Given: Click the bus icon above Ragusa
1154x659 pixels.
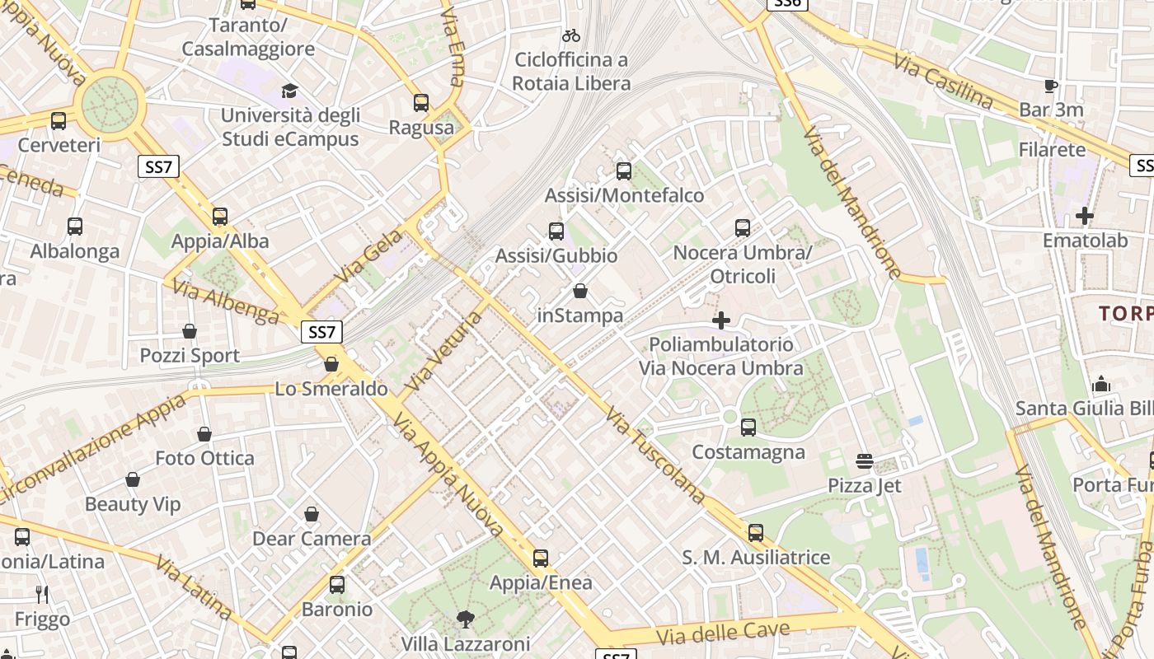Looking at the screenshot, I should pyautogui.click(x=421, y=103).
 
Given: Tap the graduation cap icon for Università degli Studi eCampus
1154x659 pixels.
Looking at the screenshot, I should pyautogui.click(x=289, y=90).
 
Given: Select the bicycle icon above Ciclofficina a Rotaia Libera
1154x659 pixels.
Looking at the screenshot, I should pyautogui.click(x=570, y=35).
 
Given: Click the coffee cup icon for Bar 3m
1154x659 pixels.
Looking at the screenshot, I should pyautogui.click(x=1051, y=86).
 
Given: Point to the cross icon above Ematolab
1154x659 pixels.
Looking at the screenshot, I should pyautogui.click(x=1085, y=216).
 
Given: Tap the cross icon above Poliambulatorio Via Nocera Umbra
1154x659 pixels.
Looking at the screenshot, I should pyautogui.click(x=721, y=320).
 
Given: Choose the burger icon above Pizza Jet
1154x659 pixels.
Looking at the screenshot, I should pyautogui.click(x=865, y=460).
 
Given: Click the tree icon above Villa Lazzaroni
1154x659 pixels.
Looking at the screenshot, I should pyautogui.click(x=466, y=619).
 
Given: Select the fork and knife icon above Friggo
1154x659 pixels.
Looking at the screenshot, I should pyautogui.click(x=42, y=594).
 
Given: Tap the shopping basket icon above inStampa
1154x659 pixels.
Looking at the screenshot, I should pyautogui.click(x=580, y=291).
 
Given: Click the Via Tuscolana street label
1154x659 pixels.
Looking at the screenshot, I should pyautogui.click(x=656, y=454).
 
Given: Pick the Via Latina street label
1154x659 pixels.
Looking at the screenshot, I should pyautogui.click(x=195, y=588).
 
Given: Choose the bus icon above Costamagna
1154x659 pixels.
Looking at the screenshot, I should pyautogui.click(x=748, y=428).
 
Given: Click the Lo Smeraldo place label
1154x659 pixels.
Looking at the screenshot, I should pyautogui.click(x=331, y=389).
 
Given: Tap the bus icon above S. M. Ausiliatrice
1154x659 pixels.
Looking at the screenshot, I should pyautogui.click(x=756, y=533).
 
